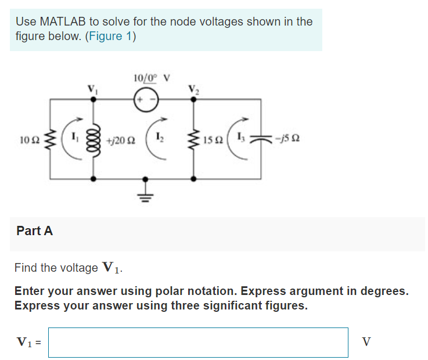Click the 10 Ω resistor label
click(28, 141)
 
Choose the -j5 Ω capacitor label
click(288, 139)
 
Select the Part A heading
click(35, 231)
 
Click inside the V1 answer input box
click(198, 342)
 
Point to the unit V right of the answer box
click(366, 342)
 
